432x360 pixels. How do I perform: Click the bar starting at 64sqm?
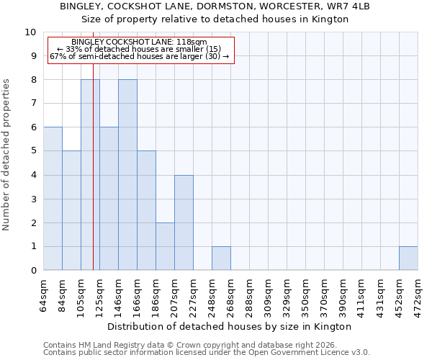[53, 199]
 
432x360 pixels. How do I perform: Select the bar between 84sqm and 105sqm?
[71, 210]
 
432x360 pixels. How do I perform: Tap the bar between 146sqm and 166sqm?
[127, 175]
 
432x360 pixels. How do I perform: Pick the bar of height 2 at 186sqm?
[165, 246]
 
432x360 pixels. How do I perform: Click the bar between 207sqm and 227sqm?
[184, 222]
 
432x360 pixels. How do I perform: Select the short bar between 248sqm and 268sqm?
[221, 258]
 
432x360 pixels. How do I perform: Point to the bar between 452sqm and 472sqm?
[408, 258]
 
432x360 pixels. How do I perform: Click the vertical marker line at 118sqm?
[93, 180]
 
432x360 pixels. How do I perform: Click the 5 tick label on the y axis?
[32, 151]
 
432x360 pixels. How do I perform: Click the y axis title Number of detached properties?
[7, 155]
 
